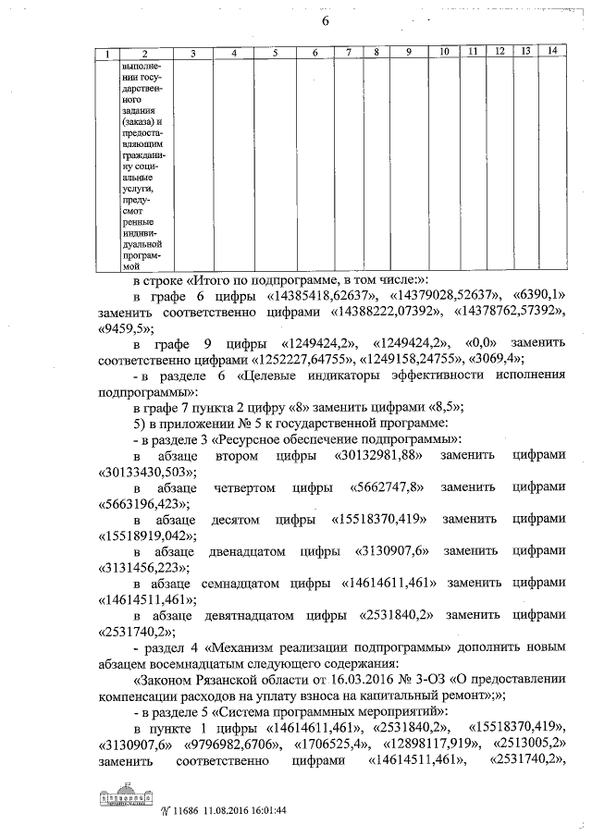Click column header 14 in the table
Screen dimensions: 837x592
click(551, 51)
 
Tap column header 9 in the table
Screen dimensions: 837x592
click(407, 52)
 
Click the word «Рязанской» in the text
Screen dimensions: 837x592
click(219, 681)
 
